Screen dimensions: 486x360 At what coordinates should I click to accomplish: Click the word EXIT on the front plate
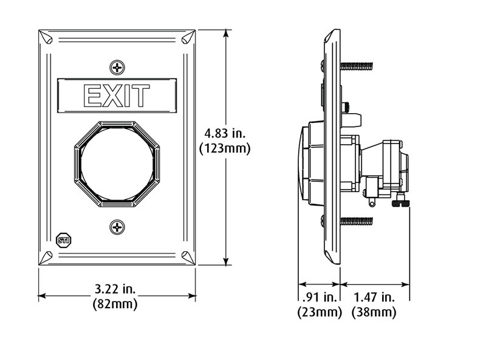pyautogui.click(x=117, y=96)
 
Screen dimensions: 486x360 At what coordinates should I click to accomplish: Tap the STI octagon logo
pyautogui.click(x=64, y=240)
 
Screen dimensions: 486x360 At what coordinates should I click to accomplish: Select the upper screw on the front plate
pyautogui.click(x=117, y=67)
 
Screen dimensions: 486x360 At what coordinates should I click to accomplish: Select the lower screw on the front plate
pyautogui.click(x=117, y=227)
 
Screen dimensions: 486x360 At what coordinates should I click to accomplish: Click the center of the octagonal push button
pyautogui.click(x=117, y=164)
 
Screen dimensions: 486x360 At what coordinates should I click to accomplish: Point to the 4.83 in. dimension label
pyautogui.click(x=225, y=133)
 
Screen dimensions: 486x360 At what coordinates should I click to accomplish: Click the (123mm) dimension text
pyautogui.click(x=225, y=148)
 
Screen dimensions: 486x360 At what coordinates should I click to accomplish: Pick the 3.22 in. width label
pyautogui.click(x=115, y=289)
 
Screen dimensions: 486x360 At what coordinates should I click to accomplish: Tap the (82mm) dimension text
pyautogui.click(x=115, y=303)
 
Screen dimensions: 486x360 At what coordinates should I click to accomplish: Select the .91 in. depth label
pyautogui.click(x=320, y=297)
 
